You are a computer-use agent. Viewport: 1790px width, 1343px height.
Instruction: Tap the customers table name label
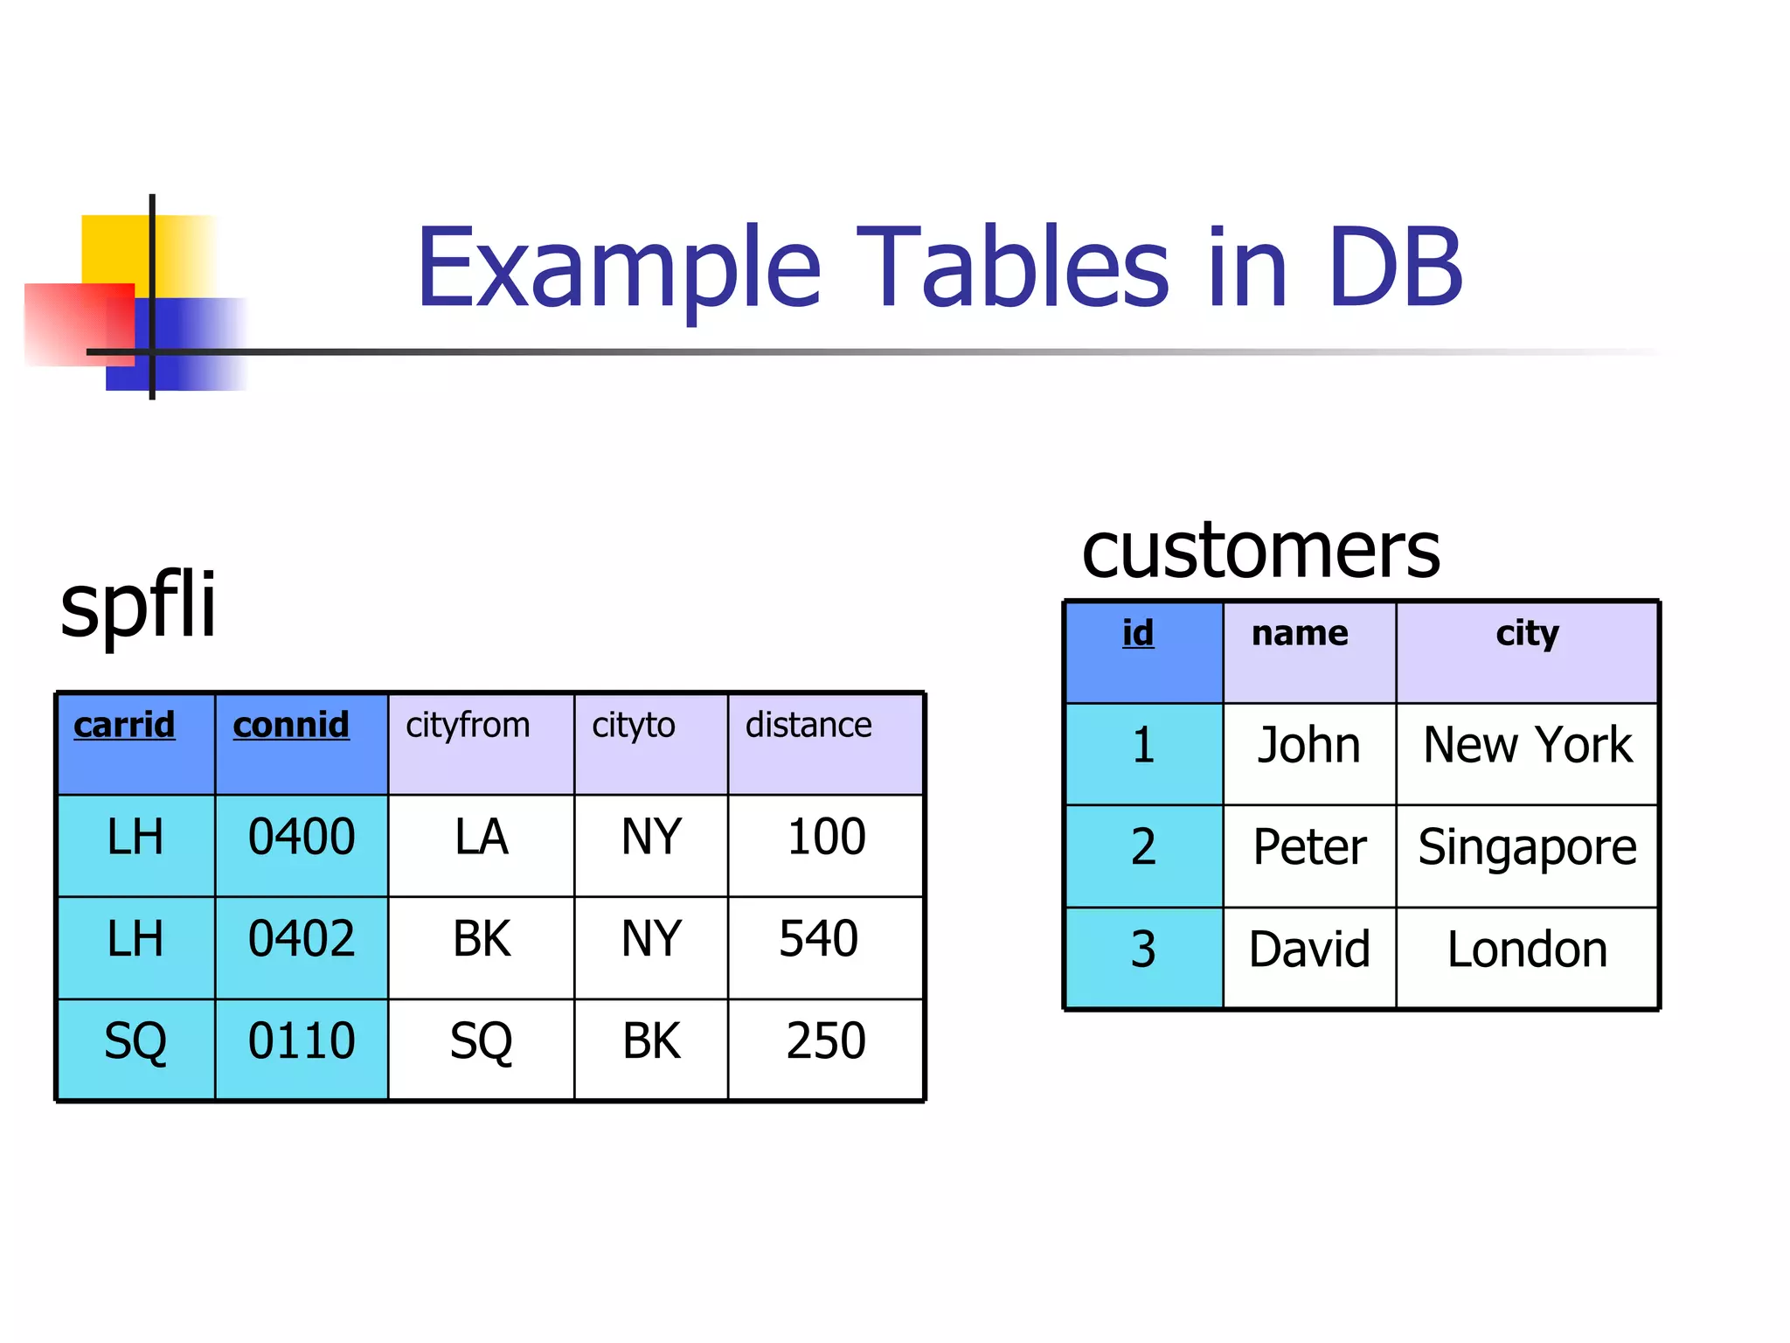(x=1260, y=550)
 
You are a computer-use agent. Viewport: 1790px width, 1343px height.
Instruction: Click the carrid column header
(x=124, y=725)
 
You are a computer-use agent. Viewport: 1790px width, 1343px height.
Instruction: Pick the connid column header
(x=291, y=725)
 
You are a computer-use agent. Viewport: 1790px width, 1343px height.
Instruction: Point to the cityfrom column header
(x=468, y=725)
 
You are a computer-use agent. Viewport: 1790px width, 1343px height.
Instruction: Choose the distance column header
(x=808, y=725)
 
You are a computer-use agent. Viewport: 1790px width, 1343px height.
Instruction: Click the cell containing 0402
(x=302, y=939)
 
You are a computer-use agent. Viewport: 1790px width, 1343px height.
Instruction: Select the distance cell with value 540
(x=819, y=939)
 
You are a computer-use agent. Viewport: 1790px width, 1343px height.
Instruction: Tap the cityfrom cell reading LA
(x=481, y=837)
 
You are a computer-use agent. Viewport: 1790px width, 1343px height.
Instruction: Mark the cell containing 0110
(x=302, y=1041)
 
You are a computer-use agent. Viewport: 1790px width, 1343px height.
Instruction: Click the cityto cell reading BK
(x=651, y=1041)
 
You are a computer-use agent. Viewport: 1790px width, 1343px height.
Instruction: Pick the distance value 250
(x=826, y=1041)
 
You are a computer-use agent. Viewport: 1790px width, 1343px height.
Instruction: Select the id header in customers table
(x=1138, y=632)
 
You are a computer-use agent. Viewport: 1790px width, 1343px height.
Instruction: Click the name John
(x=1308, y=745)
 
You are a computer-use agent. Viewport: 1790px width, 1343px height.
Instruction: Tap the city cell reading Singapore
(x=1527, y=847)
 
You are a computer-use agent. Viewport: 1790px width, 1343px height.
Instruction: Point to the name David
(x=1309, y=950)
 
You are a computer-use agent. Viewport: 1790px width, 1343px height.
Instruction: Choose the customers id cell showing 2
(x=1143, y=847)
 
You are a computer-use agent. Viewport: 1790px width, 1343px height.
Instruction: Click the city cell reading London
(x=1527, y=950)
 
